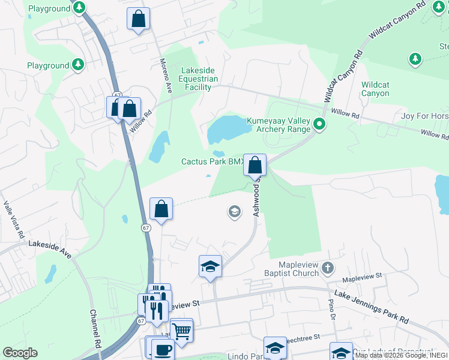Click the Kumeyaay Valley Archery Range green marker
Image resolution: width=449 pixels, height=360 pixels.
pos(319,125)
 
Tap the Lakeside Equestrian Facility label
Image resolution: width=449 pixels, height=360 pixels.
pos(198,79)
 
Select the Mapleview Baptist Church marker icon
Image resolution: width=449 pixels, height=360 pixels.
pos(327,267)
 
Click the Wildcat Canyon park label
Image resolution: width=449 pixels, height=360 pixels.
pos(375,89)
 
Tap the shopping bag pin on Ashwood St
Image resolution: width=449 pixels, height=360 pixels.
pos(255,164)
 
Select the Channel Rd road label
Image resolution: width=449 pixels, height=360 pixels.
pos(94,329)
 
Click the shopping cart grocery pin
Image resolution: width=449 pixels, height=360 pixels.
pos(181,329)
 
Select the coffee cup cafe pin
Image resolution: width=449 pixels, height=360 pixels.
pos(161,350)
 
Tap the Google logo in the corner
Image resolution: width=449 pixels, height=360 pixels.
pos(20,353)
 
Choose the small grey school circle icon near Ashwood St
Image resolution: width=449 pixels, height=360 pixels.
pos(234,211)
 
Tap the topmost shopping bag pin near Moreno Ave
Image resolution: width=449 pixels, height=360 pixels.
pos(139,19)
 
